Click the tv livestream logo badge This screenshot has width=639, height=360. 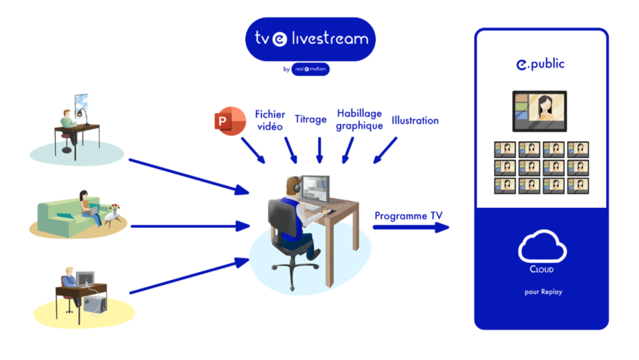tap(310, 39)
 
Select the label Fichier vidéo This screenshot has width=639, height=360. tap(270, 120)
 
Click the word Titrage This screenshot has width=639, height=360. tap(310, 119)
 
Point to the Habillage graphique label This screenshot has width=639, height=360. tap(359, 119)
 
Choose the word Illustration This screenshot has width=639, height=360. tap(415, 120)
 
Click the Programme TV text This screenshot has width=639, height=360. tap(409, 216)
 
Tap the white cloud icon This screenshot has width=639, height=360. tap(542, 247)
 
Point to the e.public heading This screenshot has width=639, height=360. tap(540, 64)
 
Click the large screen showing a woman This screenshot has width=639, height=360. tap(539, 110)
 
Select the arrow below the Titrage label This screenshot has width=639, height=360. tap(319, 150)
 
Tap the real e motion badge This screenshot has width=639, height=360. tap(310, 69)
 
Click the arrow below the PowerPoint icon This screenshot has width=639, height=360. tap(253, 150)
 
